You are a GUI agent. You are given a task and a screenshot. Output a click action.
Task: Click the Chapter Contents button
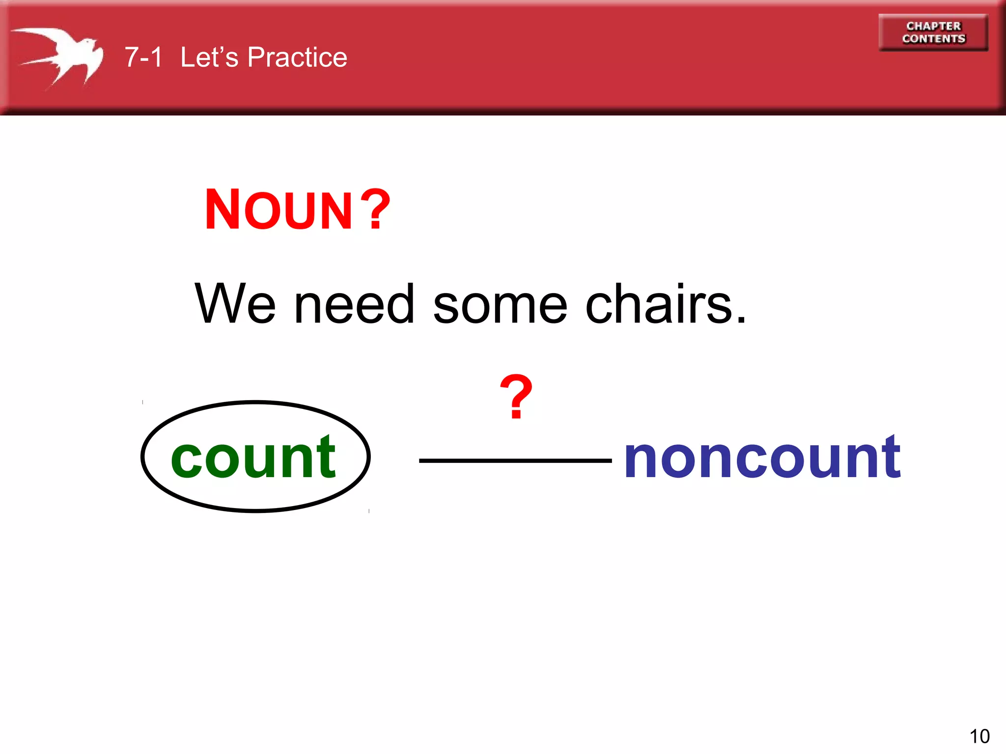coord(933,32)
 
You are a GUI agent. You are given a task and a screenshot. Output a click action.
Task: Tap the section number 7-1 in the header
coord(143,57)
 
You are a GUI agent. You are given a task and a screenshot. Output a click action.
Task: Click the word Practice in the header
coord(297,57)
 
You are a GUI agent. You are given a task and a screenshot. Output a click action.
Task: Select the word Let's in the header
coord(209,57)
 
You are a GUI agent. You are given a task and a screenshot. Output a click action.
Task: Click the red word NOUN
coord(279,210)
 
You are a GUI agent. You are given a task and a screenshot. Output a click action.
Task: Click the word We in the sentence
coord(235,304)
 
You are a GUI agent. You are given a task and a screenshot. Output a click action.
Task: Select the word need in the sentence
coord(354,304)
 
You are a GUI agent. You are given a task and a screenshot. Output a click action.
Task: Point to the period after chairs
coord(741,320)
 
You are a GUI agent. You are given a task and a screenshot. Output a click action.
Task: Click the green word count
coord(253,458)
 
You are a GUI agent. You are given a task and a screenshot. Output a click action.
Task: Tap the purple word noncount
coord(762,458)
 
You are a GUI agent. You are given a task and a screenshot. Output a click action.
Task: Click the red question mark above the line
coord(516,396)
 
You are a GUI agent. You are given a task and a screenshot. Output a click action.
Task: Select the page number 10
coord(979,736)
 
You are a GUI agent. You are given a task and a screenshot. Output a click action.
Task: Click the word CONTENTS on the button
coord(933,39)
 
